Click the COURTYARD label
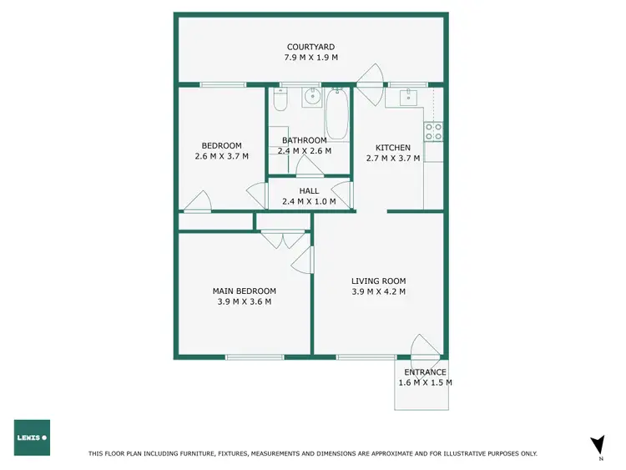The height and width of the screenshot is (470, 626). pyautogui.click(x=311, y=47)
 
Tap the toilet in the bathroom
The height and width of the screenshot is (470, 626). pyautogui.click(x=280, y=101)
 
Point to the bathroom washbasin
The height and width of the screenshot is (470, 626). pyautogui.click(x=311, y=97)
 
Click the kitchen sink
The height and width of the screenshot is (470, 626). pyautogui.click(x=407, y=97)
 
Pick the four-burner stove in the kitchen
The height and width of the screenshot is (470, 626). pyautogui.click(x=433, y=131)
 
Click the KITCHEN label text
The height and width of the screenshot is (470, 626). pyautogui.click(x=392, y=147)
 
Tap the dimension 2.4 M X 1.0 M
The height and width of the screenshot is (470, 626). pyautogui.click(x=309, y=201)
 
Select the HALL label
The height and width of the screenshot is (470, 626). pyautogui.click(x=309, y=190)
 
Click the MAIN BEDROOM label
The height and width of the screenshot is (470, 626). pyautogui.click(x=244, y=291)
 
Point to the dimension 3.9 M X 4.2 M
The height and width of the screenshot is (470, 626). pyautogui.click(x=378, y=291)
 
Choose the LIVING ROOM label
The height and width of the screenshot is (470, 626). pyautogui.click(x=378, y=280)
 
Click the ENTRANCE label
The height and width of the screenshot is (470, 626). pyautogui.click(x=425, y=372)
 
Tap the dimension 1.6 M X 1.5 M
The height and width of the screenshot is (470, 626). pyautogui.click(x=425, y=382)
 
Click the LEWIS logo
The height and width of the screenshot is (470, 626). pyautogui.click(x=32, y=437)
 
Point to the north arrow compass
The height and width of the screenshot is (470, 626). pyautogui.click(x=597, y=447)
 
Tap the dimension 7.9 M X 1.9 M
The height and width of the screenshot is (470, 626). pyautogui.click(x=311, y=58)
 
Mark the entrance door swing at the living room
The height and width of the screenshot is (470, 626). pyautogui.click(x=425, y=345)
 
